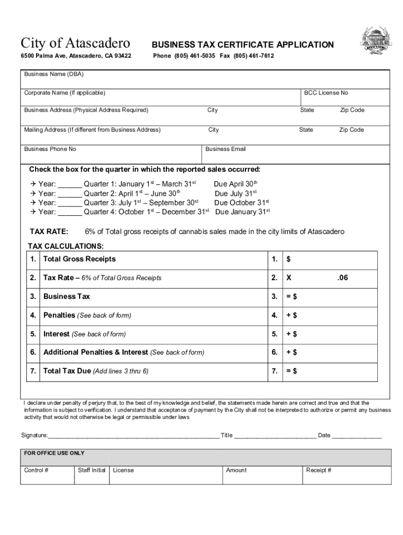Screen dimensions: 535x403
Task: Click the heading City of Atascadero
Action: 75,43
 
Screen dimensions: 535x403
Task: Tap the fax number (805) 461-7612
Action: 253,56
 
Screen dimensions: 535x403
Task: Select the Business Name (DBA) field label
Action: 54,74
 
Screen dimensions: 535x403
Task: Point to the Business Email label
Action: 225,149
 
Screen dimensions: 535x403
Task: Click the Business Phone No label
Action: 50,149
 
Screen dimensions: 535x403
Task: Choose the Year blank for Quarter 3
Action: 70,203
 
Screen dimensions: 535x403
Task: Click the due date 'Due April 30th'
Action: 236,184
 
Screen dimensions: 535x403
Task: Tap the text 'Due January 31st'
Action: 242,212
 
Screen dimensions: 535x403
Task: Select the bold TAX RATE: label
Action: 49,231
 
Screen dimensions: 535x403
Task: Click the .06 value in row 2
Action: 342,278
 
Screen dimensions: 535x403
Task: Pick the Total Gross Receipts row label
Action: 79,259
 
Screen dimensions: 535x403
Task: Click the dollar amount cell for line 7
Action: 335,371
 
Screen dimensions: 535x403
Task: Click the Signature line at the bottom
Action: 133,435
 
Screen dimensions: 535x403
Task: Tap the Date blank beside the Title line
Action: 356,435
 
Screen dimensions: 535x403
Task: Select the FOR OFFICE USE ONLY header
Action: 54,453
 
